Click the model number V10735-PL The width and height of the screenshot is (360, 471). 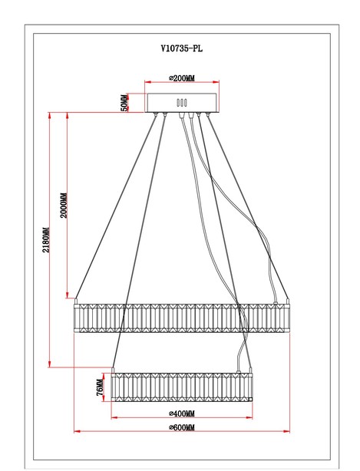tap(181, 48)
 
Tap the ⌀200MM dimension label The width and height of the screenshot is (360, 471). tap(182, 78)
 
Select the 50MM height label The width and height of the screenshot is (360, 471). tap(124, 103)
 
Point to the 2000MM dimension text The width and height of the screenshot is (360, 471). tap(64, 205)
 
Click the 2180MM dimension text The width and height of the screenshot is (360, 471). tap(46, 240)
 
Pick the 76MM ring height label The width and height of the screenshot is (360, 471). tap(100, 387)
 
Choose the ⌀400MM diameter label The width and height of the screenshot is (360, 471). tap(182, 413)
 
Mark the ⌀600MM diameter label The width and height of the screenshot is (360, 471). tap(182, 427)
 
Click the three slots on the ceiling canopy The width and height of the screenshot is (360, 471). tap(182, 103)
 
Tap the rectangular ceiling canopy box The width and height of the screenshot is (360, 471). tap(182, 103)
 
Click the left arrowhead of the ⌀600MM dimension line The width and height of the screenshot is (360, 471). tap(77, 431)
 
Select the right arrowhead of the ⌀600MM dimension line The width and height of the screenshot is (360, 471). tap(286, 431)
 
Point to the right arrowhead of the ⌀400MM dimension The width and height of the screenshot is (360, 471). tap(249, 417)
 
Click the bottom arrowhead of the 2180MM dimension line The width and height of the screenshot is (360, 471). tap(50, 364)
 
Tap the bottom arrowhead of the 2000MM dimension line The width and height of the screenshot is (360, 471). tap(68, 295)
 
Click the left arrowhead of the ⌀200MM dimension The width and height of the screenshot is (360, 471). tap(148, 82)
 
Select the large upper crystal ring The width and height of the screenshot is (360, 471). tap(182, 318)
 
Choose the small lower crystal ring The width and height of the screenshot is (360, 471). tap(182, 387)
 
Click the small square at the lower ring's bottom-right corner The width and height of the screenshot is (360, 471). tap(250, 399)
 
